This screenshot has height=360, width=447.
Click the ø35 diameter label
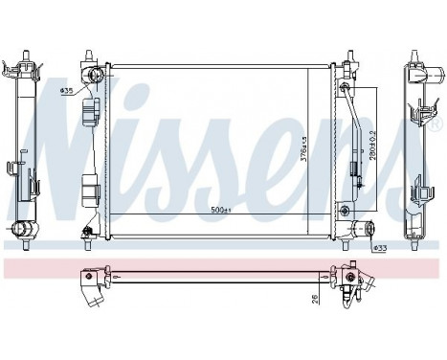click(x=67, y=91)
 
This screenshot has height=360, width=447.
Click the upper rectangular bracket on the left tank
click(x=92, y=114)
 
